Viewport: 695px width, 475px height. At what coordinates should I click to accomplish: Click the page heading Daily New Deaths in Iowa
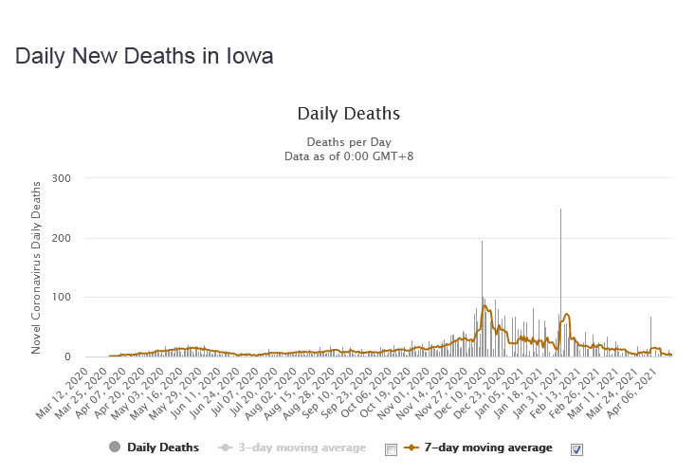click(144, 57)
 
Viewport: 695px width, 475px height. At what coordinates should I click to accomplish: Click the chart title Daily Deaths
click(348, 114)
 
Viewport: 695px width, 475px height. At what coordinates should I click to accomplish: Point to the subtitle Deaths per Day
click(348, 137)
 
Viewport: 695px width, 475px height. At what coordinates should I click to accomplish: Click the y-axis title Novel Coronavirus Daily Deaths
click(36, 267)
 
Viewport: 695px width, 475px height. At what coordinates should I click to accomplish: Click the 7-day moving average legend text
click(486, 448)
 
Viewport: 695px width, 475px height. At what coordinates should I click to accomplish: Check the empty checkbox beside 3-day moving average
click(391, 448)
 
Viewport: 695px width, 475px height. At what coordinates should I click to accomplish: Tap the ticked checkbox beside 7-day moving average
click(576, 448)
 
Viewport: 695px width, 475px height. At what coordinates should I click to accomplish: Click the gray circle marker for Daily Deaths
click(115, 448)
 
